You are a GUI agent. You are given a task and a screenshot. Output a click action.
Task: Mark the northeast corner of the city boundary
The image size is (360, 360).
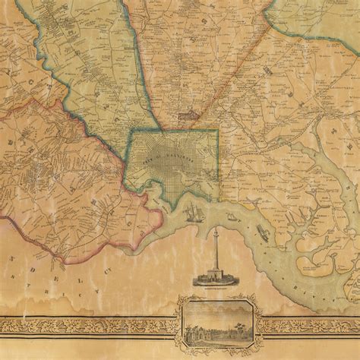pyautogui.click(x=218, y=130)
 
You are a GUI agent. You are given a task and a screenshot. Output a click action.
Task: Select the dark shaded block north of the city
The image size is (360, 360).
pyautogui.click(x=186, y=116)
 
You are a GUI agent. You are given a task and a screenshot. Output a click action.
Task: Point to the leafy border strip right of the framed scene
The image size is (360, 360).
pyautogui.click(x=311, y=326)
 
